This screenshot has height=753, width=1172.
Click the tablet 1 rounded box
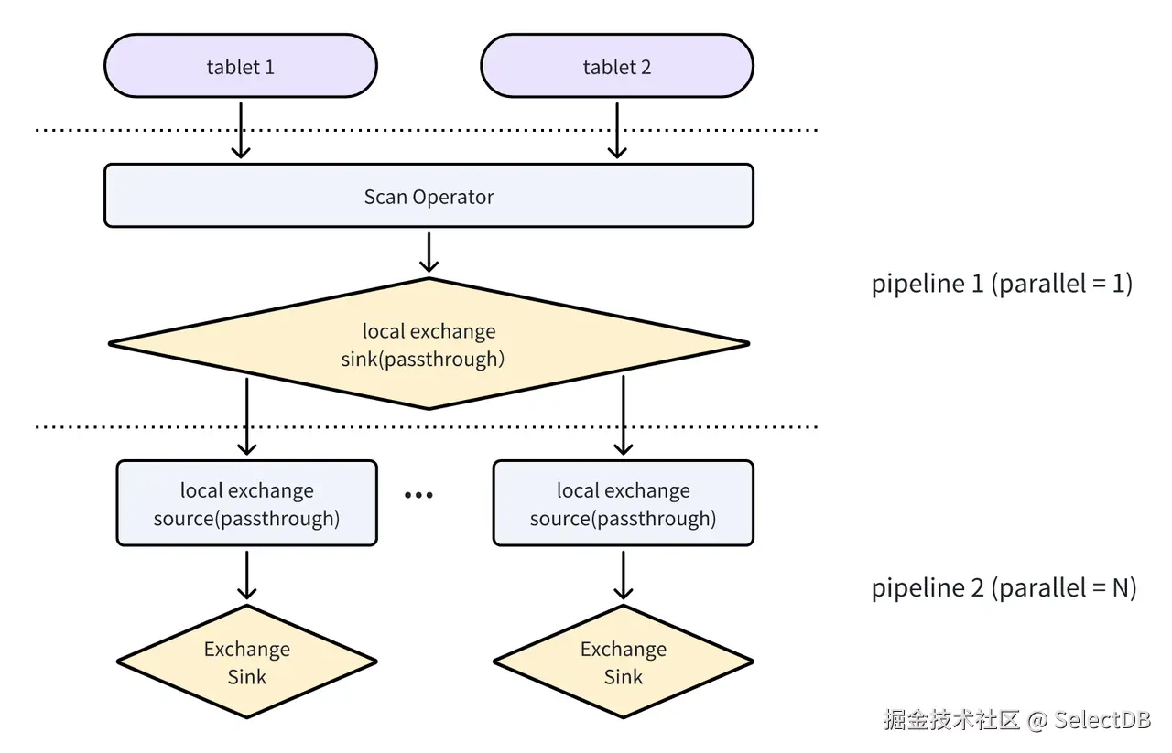click(x=241, y=67)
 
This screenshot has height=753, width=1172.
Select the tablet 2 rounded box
click(x=616, y=67)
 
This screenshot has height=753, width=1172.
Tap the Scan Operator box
click(x=429, y=196)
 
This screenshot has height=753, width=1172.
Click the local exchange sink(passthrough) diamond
click(x=429, y=344)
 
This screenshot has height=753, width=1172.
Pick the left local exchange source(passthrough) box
click(x=246, y=504)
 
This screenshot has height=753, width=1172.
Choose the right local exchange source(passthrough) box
click(x=623, y=504)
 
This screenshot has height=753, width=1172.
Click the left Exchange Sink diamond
click(x=246, y=662)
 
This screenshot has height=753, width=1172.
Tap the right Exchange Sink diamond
click(x=623, y=662)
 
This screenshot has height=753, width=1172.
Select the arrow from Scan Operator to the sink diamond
click(x=429, y=252)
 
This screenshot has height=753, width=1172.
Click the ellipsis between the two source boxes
click(x=418, y=496)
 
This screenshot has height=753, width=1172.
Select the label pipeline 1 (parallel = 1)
click(x=1002, y=284)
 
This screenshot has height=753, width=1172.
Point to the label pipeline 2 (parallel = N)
click(x=1004, y=587)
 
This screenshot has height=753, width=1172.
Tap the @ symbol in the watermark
click(x=1036, y=720)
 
